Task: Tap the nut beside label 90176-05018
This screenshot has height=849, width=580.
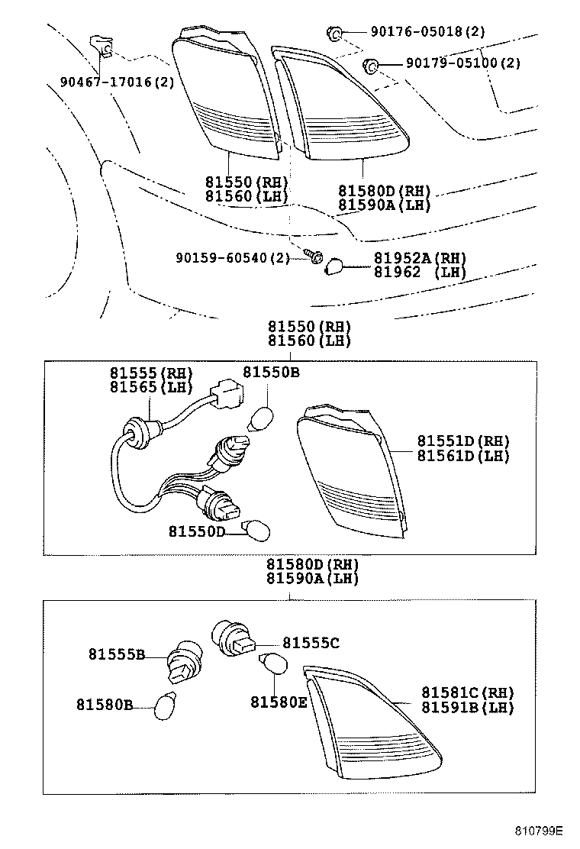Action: pyautogui.click(x=333, y=32)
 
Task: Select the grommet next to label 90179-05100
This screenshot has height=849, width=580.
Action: pyautogui.click(x=371, y=66)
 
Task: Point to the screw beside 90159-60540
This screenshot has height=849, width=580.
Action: pyautogui.click(x=314, y=257)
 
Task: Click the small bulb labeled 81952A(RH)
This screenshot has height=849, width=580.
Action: pyautogui.click(x=335, y=267)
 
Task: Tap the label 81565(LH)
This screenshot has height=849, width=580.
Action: pyautogui.click(x=150, y=387)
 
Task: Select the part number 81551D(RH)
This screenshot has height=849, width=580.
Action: pyautogui.click(x=462, y=441)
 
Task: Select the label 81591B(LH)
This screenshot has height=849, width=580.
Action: pyautogui.click(x=467, y=708)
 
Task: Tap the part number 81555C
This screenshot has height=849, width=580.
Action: pyautogui.click(x=311, y=643)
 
